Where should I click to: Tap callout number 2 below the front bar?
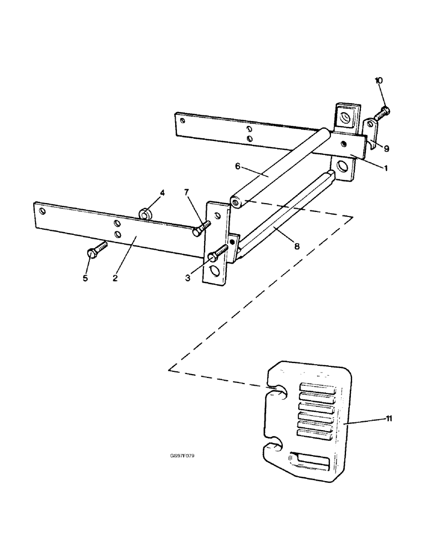pos(115,278)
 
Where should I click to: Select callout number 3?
pos(188,277)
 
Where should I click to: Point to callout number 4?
pos(162,193)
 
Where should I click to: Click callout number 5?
pos(85,278)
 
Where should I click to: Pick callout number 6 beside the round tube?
pos(237,167)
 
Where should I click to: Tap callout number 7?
pos(187,193)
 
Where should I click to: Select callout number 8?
pos(297,246)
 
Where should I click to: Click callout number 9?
pos(386,149)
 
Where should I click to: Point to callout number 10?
pos(379,81)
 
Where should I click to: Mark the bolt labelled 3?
pos(218,254)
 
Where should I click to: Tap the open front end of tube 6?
pos(236,202)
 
